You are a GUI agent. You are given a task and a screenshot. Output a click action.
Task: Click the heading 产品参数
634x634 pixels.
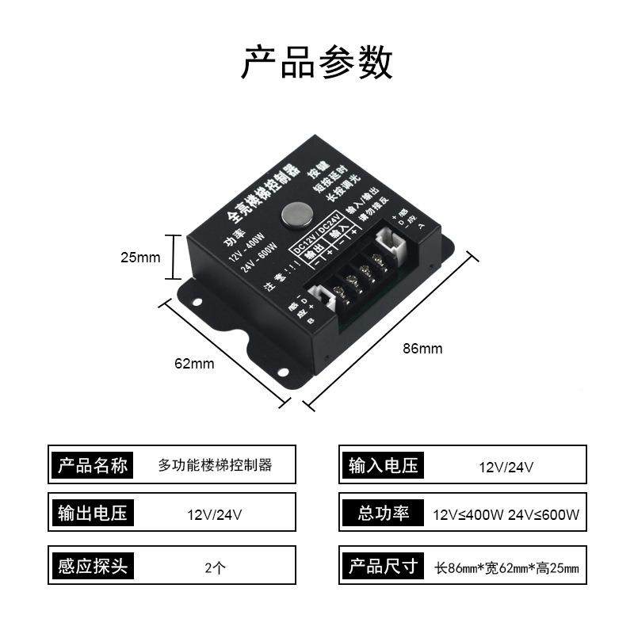317,63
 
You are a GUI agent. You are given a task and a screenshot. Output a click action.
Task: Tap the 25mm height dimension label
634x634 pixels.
140,258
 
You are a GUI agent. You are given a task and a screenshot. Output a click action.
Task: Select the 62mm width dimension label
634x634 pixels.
194,364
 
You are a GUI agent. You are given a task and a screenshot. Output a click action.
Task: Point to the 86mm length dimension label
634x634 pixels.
422,348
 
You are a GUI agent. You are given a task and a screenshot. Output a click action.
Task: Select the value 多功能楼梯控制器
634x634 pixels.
215,465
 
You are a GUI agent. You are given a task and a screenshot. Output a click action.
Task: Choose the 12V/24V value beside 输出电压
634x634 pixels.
215,514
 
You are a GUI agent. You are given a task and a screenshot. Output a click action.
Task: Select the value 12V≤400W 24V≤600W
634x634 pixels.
506,514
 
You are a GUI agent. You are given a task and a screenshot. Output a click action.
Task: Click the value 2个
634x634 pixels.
215,567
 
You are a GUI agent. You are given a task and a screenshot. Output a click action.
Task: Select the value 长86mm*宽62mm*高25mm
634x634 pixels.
507,567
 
